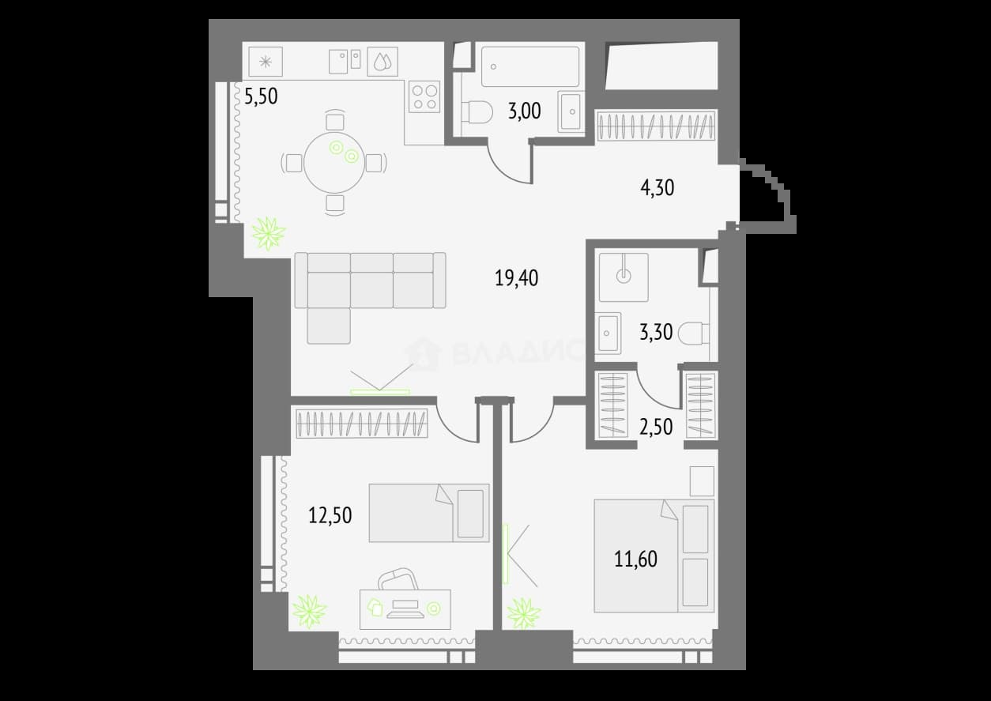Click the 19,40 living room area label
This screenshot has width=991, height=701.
[516, 278]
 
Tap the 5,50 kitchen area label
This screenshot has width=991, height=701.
[261, 96]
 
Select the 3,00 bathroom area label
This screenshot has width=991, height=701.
[524, 111]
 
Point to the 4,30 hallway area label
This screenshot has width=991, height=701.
[657, 187]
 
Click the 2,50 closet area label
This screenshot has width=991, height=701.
[656, 427]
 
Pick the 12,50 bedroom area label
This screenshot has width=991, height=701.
[330, 515]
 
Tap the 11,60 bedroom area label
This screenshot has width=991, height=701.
[635, 560]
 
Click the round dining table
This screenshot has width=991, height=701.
[334, 163]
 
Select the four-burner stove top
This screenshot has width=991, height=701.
[424, 97]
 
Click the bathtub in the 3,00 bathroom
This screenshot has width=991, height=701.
[530, 66]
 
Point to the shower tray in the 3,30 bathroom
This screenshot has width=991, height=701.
[624, 277]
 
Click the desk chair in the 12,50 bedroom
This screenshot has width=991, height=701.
[398, 579]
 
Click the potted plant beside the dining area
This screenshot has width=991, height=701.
[269, 233]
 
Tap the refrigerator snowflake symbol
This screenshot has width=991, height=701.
[266, 62]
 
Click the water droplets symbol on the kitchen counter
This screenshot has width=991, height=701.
[382, 62]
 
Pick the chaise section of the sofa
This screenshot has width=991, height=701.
[329, 326]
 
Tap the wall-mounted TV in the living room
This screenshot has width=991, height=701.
[380, 391]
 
